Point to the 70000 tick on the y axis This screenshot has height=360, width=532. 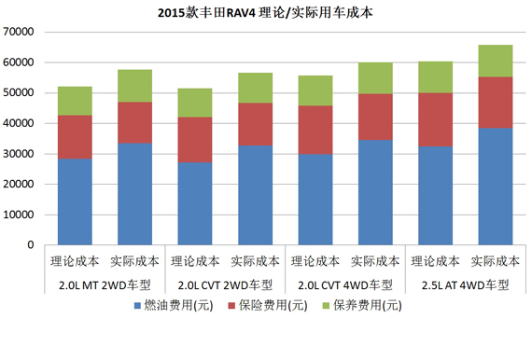[19, 32]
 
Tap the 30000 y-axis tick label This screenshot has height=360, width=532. [19, 154]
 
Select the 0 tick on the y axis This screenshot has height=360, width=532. [31, 245]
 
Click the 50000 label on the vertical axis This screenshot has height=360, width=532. [19, 93]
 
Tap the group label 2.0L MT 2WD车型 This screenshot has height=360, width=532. [102, 284]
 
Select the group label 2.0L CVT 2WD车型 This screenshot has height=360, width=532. [221, 284]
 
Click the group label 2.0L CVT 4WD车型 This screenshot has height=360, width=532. [341, 284]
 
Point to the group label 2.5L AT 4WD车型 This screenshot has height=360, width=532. [461, 284]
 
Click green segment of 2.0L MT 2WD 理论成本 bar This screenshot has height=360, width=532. [75, 101]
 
